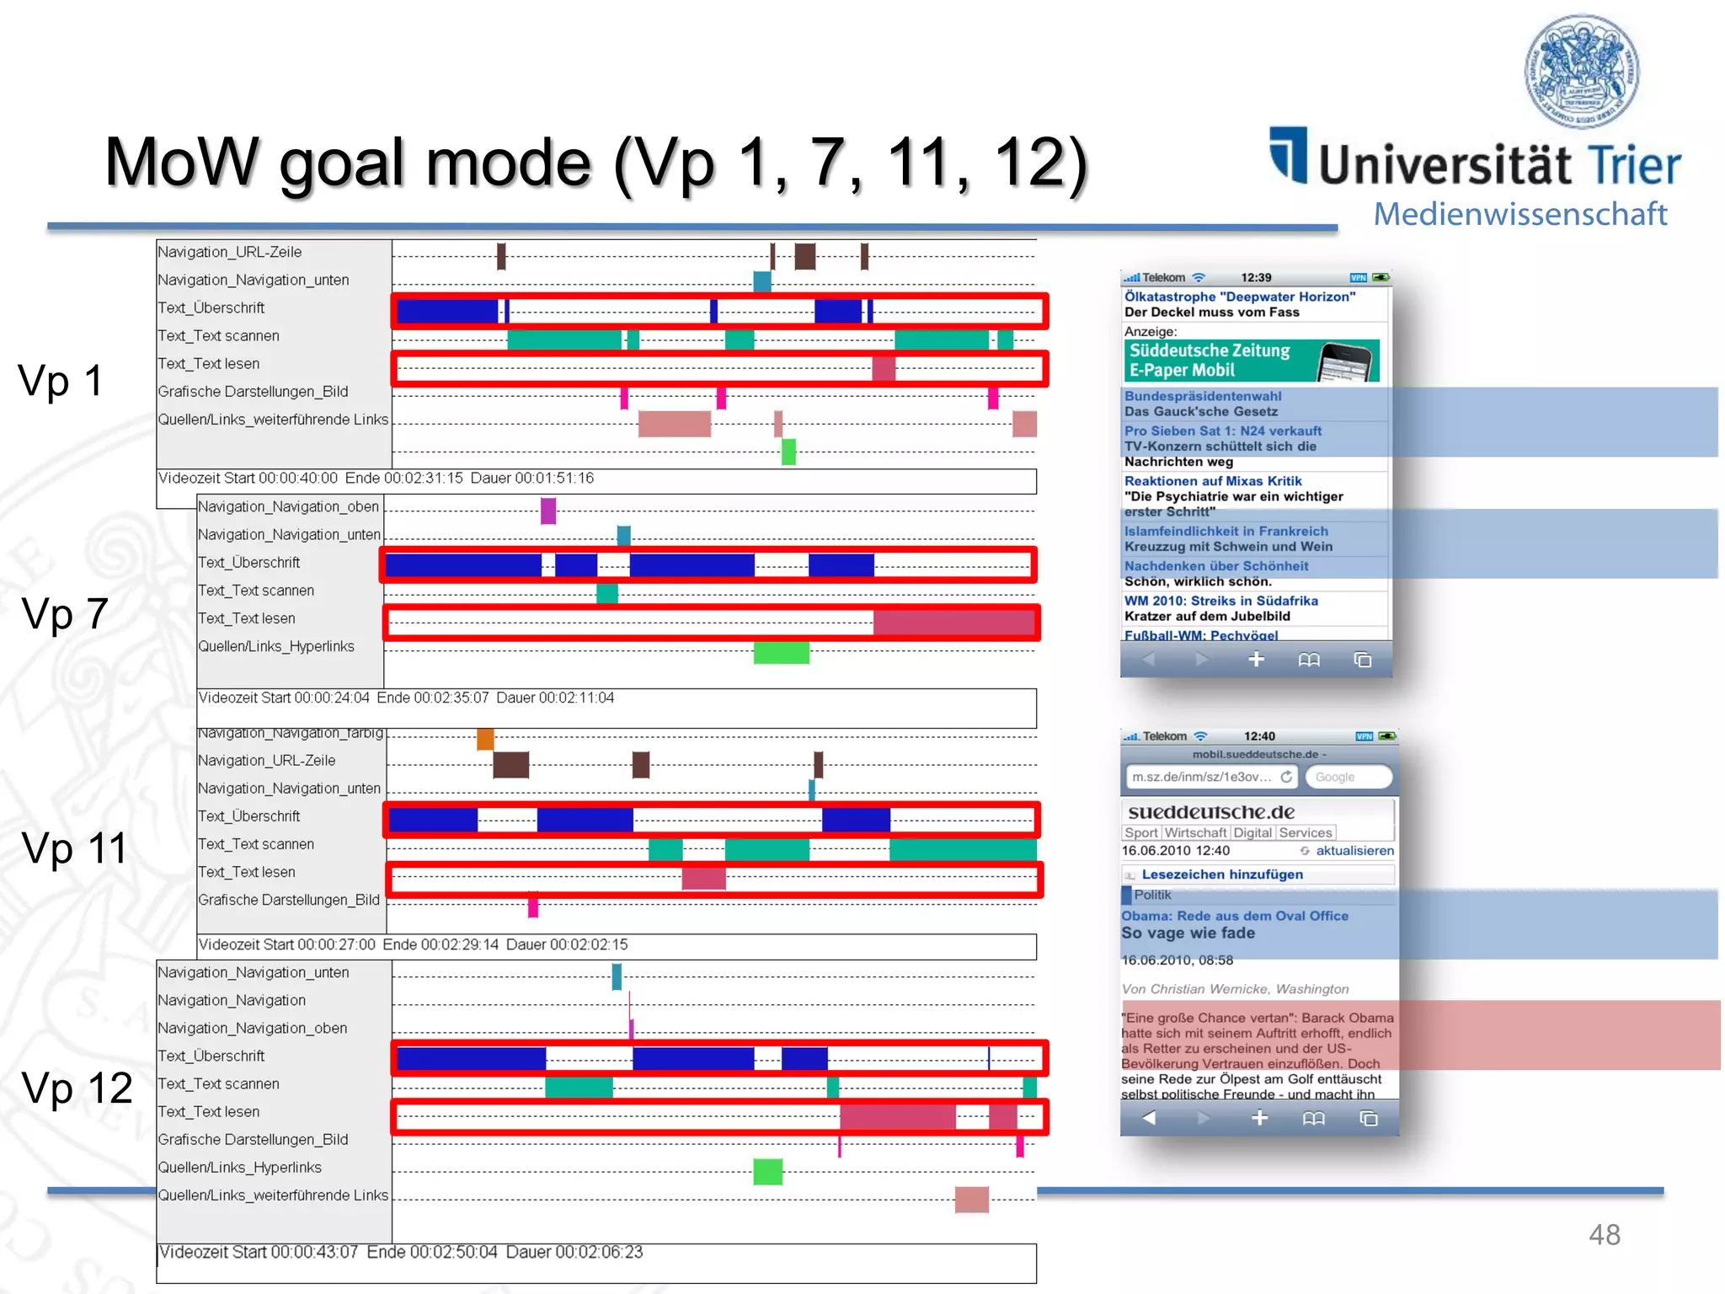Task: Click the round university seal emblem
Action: [x=1582, y=71]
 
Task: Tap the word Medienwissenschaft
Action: [x=1520, y=214]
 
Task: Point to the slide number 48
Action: [x=1604, y=1235]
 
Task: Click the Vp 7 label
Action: [x=65, y=613]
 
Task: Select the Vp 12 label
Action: [x=77, y=1088]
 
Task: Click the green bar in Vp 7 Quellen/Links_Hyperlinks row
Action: [x=781, y=652]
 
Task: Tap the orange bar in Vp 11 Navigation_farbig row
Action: [x=485, y=739]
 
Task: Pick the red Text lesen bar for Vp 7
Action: [x=953, y=623]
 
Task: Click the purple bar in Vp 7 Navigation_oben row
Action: [x=548, y=511]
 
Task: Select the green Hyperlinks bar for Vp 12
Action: [x=767, y=1171]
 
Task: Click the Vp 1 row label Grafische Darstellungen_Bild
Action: [x=253, y=392]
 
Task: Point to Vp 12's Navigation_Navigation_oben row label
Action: [x=253, y=1029]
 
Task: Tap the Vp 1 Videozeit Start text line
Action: [x=376, y=479]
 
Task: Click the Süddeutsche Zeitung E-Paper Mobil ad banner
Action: [x=1252, y=361]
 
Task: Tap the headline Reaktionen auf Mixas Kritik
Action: [x=1213, y=481]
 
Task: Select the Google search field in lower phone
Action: [x=1348, y=777]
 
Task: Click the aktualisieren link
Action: [x=1354, y=851]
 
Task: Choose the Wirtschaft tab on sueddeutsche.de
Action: [x=1195, y=832]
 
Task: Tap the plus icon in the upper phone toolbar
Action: [x=1256, y=660]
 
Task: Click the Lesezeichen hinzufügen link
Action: [x=1221, y=874]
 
